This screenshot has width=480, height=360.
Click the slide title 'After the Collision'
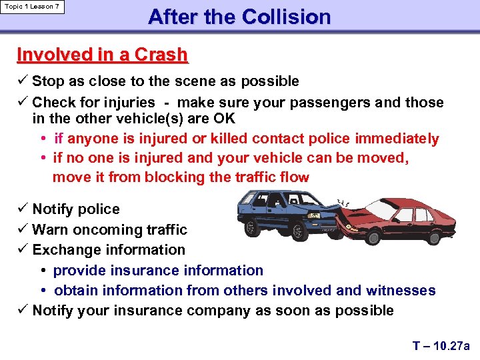tap(239, 17)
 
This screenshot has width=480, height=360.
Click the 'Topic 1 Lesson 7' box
tap(32, 7)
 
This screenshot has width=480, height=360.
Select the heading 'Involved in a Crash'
tap(102, 55)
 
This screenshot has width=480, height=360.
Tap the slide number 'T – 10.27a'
tap(441, 345)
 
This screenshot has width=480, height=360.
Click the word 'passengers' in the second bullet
tap(318, 103)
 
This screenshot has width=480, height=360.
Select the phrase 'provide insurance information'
tap(158, 271)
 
